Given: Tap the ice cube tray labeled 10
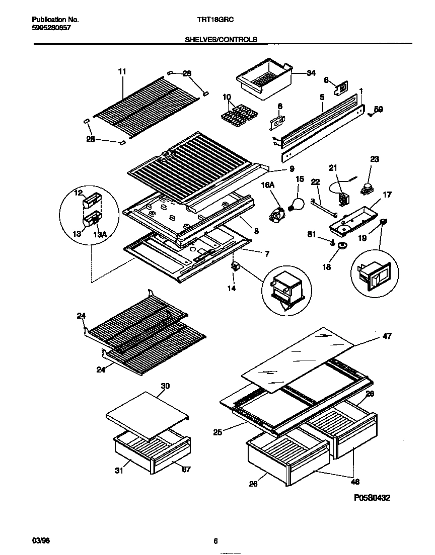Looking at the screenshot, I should coord(237,115).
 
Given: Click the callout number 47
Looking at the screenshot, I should coord(387,336).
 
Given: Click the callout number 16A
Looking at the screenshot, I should coord(267,186).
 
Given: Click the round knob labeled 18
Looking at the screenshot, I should coord(342,245).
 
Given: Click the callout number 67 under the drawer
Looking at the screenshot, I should coord(186,470).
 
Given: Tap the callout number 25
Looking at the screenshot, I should coord(218,431).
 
